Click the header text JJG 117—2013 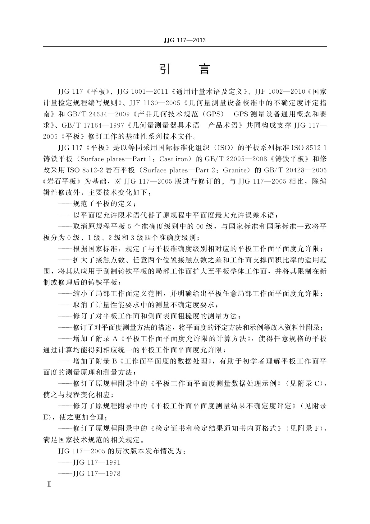pyautogui.click(x=185, y=40)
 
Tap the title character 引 pyautogui.click(x=165, y=69)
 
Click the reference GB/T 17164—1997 pyautogui.click(x=94, y=125)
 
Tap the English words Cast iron pyautogui.click(x=174, y=159)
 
